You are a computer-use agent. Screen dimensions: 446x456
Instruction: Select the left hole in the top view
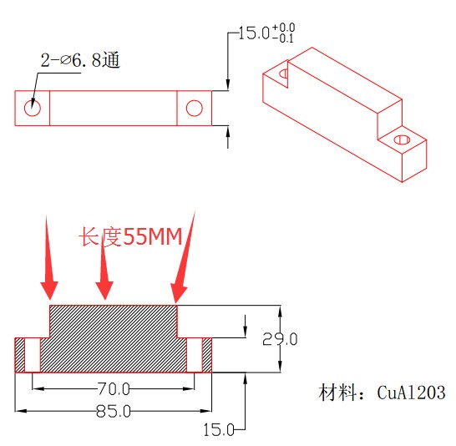33,107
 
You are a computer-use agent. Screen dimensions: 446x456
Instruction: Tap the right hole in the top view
195,107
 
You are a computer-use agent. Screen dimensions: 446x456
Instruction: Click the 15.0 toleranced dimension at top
254,33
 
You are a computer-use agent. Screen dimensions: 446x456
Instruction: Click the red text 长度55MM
130,237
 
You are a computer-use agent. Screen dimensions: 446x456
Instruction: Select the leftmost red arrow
48,259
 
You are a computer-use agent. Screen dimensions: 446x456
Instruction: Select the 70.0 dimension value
114,388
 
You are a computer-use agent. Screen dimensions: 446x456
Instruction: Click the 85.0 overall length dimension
114,411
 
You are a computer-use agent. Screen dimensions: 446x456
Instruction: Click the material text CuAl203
383,393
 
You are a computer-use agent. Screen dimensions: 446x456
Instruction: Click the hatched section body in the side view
113,338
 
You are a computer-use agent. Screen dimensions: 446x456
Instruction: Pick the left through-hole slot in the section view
33,355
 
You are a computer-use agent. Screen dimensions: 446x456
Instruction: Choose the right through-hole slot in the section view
195,355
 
